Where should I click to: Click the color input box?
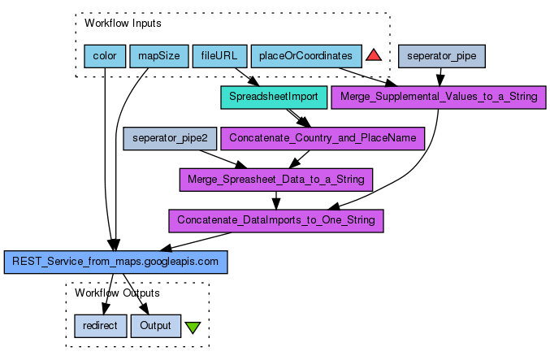point(105,56)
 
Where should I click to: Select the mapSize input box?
point(158,56)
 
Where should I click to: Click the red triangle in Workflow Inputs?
point(374,55)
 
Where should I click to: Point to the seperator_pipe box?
point(441,56)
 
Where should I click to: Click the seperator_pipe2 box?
point(170,138)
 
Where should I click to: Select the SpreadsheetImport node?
point(274,97)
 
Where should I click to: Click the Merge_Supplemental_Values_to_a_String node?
point(439,97)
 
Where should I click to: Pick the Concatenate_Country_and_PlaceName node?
point(323,138)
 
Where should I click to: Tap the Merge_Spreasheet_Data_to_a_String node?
point(275,179)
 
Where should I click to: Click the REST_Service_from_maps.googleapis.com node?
point(116,262)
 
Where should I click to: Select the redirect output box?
point(100,326)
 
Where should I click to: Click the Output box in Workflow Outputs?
point(155,326)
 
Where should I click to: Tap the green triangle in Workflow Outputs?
point(192,327)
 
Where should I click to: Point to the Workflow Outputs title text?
point(117,293)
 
